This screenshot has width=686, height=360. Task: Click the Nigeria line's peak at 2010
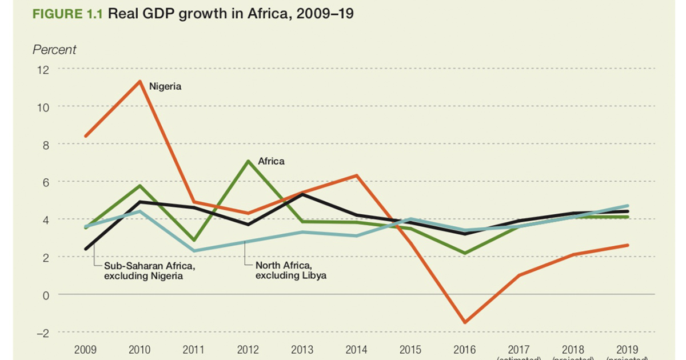pyautogui.click(x=139, y=81)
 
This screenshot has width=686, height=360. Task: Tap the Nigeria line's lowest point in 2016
pyautogui.click(x=465, y=322)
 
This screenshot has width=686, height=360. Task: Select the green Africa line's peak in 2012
pyautogui.click(x=248, y=161)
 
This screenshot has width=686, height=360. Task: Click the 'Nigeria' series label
pyautogui.click(x=165, y=87)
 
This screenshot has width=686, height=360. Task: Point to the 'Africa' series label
pyautogui.click(x=271, y=162)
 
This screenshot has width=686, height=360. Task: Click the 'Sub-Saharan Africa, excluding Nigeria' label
pyautogui.click(x=150, y=271)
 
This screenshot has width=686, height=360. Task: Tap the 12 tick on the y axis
pyautogui.click(x=43, y=70)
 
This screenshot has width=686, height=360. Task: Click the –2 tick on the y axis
pyautogui.click(x=42, y=333)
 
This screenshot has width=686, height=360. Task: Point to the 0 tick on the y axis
pyautogui.click(x=46, y=295)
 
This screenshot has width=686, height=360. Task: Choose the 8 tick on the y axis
pyautogui.click(x=46, y=145)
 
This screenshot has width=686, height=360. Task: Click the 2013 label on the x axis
pyautogui.click(x=303, y=349)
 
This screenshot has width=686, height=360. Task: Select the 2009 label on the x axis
pyautogui.click(x=85, y=349)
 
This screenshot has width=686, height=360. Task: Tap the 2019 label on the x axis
pyautogui.click(x=628, y=349)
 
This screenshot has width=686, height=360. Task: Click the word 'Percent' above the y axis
pyautogui.click(x=54, y=50)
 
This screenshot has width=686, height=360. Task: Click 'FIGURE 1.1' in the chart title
pyautogui.click(x=67, y=14)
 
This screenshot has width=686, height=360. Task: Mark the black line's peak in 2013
pyautogui.click(x=302, y=194)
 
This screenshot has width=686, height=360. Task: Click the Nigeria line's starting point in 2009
pyautogui.click(x=86, y=136)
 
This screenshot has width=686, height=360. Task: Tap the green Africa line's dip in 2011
pyautogui.click(x=194, y=240)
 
